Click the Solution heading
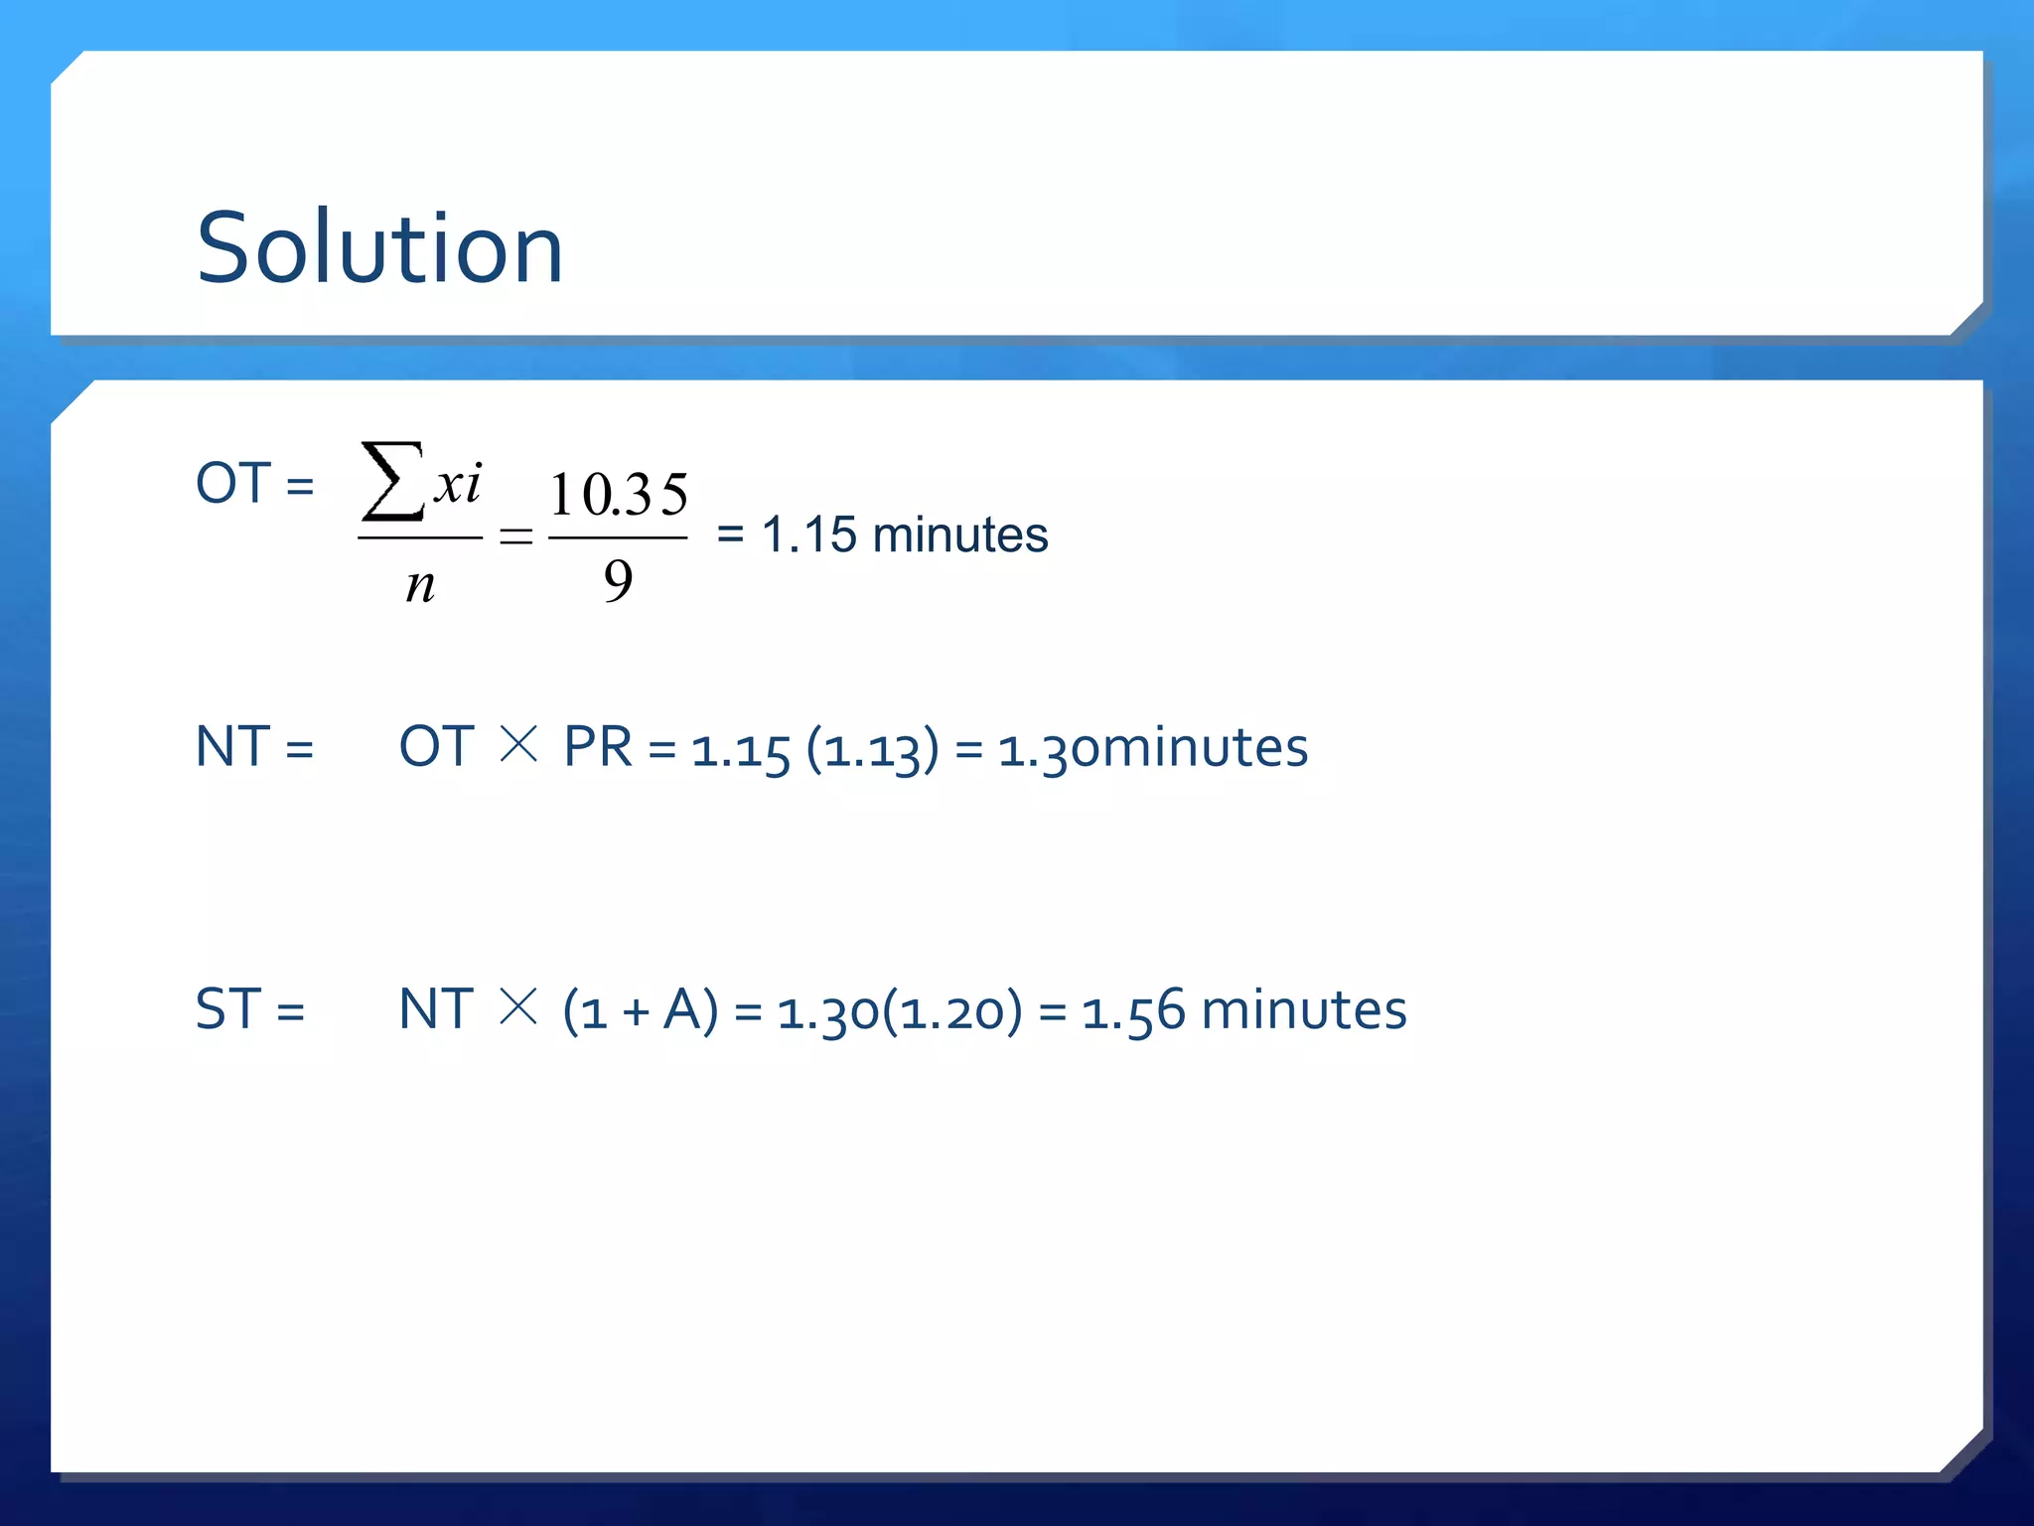point(379,247)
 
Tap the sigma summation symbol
point(392,483)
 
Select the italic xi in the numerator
point(458,485)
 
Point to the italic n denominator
point(420,585)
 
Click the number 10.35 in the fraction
point(618,494)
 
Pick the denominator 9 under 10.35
point(618,580)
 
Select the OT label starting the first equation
point(232,484)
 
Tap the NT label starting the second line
point(232,746)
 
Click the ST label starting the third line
point(227,1009)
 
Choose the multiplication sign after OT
point(518,744)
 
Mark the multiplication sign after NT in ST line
point(518,1006)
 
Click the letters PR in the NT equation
point(597,746)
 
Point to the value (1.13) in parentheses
point(872,748)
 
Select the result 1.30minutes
point(1152,747)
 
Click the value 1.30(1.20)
point(899,1011)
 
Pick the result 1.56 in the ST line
point(1133,1011)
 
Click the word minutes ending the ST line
point(1303,1009)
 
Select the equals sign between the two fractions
point(515,537)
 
